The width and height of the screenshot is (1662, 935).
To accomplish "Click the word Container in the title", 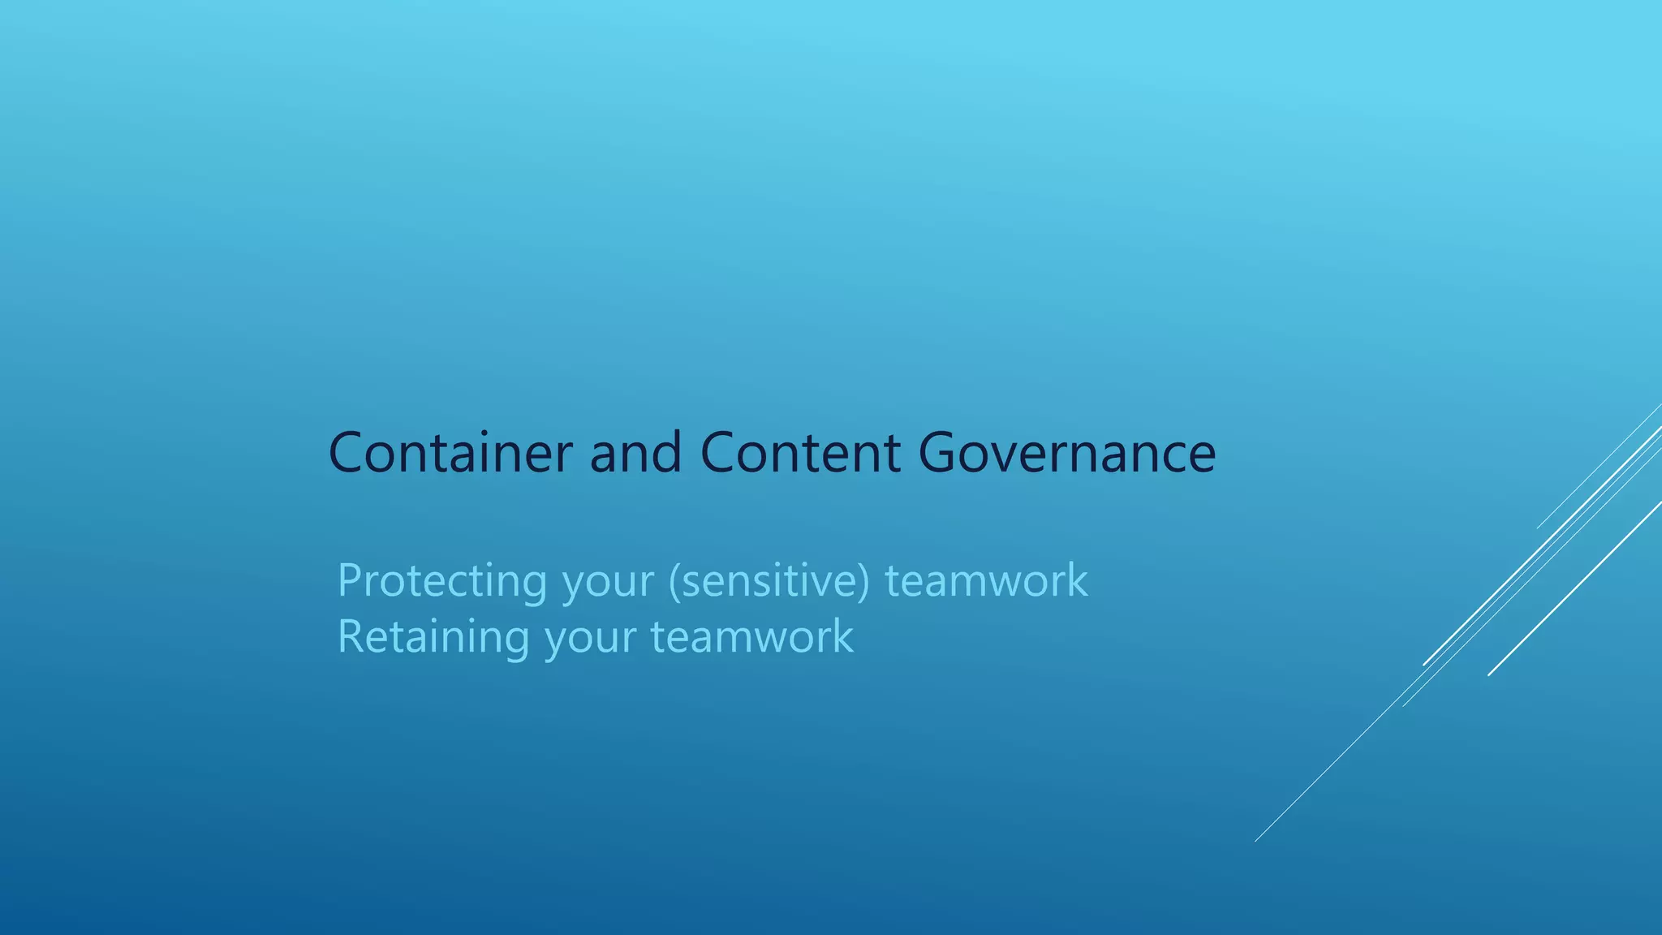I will [x=450, y=453].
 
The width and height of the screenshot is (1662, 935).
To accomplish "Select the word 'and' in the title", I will [x=635, y=453].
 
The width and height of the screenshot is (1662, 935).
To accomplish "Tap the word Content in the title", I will [x=799, y=453].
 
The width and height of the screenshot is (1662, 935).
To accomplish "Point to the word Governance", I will [x=1067, y=453].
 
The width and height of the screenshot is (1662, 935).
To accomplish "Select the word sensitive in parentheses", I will [x=769, y=582].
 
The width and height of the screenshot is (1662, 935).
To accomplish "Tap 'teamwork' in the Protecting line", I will [x=986, y=582].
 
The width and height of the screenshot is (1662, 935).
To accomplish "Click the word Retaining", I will [x=433, y=637].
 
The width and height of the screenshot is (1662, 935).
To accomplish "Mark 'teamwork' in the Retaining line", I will [x=752, y=637].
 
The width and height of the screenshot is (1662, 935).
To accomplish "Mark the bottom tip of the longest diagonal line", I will [x=1255, y=841].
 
